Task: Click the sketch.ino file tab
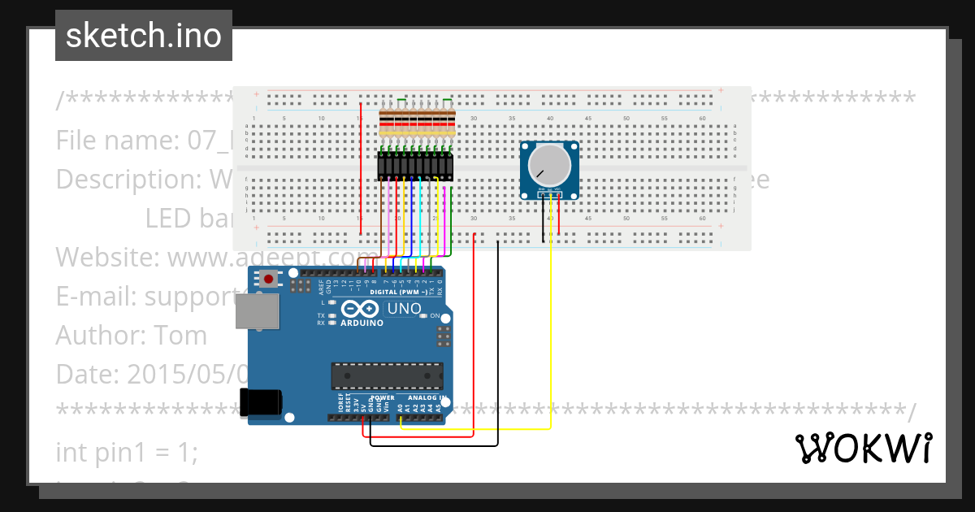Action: pos(144,36)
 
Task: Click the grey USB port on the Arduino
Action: pos(257,310)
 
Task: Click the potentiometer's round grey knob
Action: pos(548,165)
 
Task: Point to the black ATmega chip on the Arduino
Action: pos(387,376)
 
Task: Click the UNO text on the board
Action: pos(404,309)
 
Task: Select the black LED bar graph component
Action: pos(415,166)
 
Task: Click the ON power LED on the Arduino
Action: pos(424,316)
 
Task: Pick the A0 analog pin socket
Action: pos(401,418)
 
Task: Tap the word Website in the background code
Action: pos(108,258)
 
